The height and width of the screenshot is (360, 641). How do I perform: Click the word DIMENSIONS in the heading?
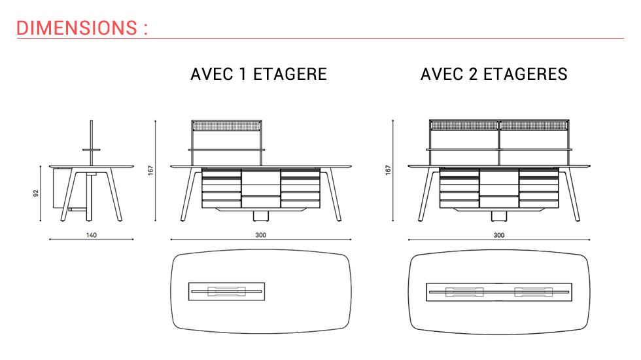pyautogui.click(x=75, y=28)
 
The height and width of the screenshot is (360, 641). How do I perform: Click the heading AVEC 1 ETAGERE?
pyautogui.click(x=258, y=74)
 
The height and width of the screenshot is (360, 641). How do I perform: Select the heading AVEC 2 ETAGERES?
pyautogui.click(x=494, y=74)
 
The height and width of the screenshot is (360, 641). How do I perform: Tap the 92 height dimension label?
pyautogui.click(x=37, y=194)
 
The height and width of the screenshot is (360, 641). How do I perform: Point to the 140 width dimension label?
pyautogui.click(x=91, y=236)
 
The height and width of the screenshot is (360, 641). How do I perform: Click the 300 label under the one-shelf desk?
pyautogui.click(x=261, y=236)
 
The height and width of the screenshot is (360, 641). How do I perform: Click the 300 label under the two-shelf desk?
pyautogui.click(x=498, y=236)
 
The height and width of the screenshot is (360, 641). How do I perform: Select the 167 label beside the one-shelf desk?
pyautogui.click(x=150, y=170)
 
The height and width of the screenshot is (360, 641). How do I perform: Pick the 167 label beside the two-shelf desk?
pyautogui.click(x=388, y=170)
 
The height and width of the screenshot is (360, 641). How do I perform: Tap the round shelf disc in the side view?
pyautogui.click(x=92, y=150)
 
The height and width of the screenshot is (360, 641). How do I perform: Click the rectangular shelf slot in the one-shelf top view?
pyautogui.click(x=226, y=291)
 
